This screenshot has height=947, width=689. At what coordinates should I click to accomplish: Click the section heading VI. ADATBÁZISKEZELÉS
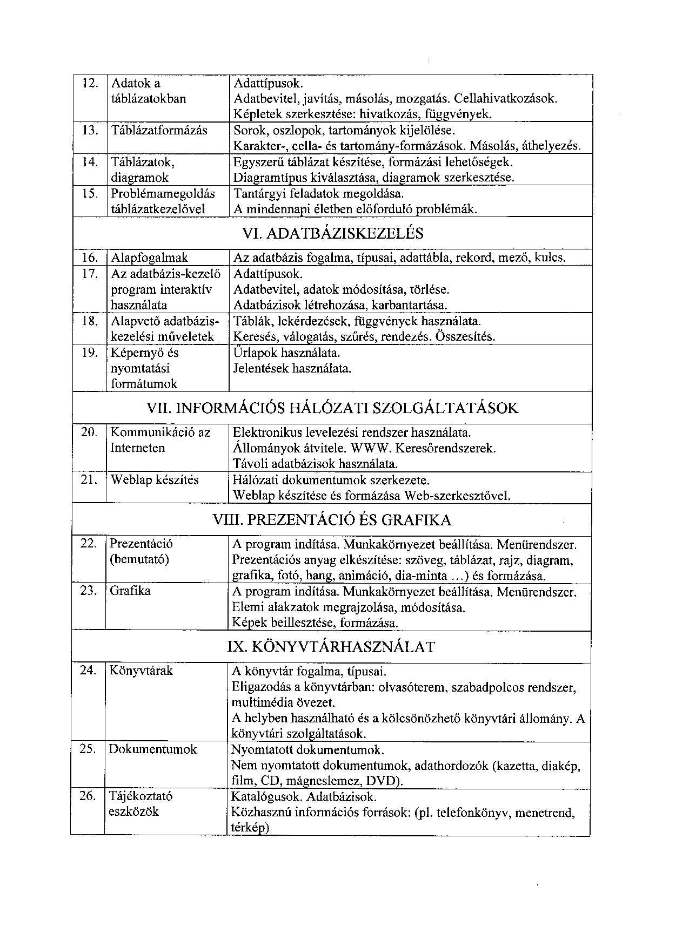pos(333,234)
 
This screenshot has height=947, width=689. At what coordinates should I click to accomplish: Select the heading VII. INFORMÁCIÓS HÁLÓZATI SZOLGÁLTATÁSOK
pos(332,408)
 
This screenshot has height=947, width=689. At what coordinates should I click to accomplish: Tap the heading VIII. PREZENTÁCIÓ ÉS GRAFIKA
pos(332,520)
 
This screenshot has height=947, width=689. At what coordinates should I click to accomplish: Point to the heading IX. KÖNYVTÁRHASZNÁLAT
pos(331,647)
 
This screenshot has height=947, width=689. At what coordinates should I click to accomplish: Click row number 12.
pos(90,83)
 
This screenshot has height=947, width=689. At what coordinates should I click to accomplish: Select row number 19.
pos(89,353)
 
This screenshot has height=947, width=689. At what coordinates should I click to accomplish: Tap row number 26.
pos(88,796)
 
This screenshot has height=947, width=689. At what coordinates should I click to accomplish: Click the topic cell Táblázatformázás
pos(159,130)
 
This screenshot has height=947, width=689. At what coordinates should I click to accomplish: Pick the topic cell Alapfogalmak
pos(150,258)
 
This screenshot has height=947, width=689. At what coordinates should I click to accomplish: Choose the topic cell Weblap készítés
pos(155,480)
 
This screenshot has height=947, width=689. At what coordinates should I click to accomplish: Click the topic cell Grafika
pos(130,591)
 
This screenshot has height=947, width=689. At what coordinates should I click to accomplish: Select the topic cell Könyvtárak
pos(141,671)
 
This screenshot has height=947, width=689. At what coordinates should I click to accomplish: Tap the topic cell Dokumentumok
pos(152,749)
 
